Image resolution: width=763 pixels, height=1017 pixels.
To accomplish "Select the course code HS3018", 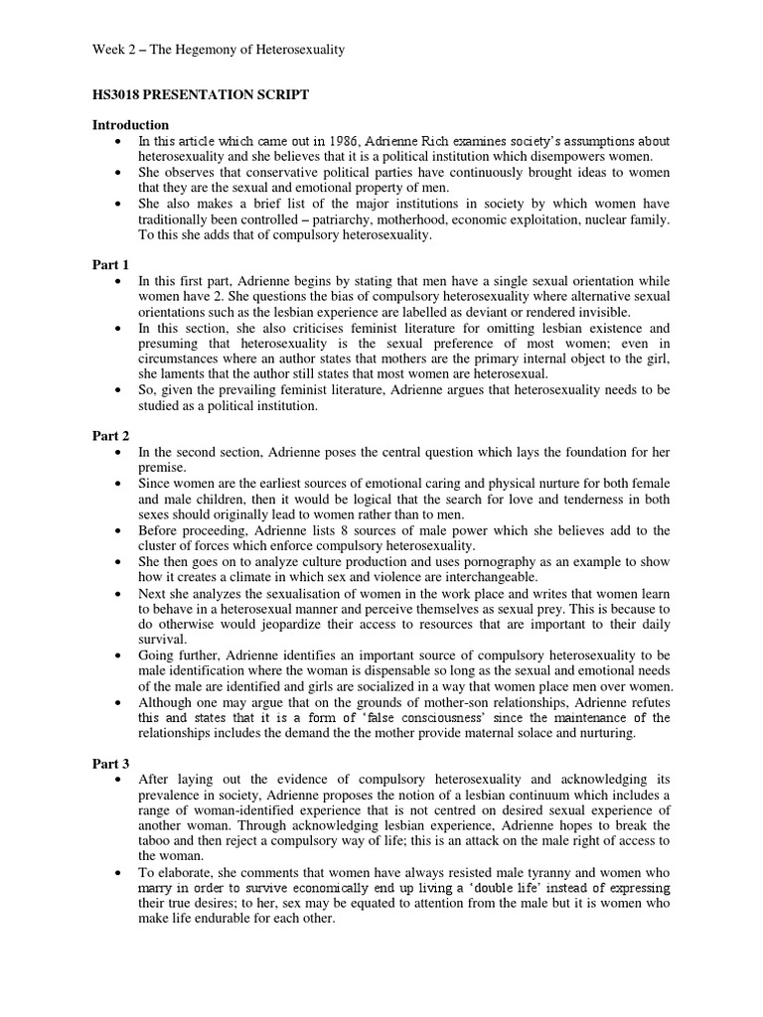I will [120, 94].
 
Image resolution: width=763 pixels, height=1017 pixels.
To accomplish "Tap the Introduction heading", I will [130, 125].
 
